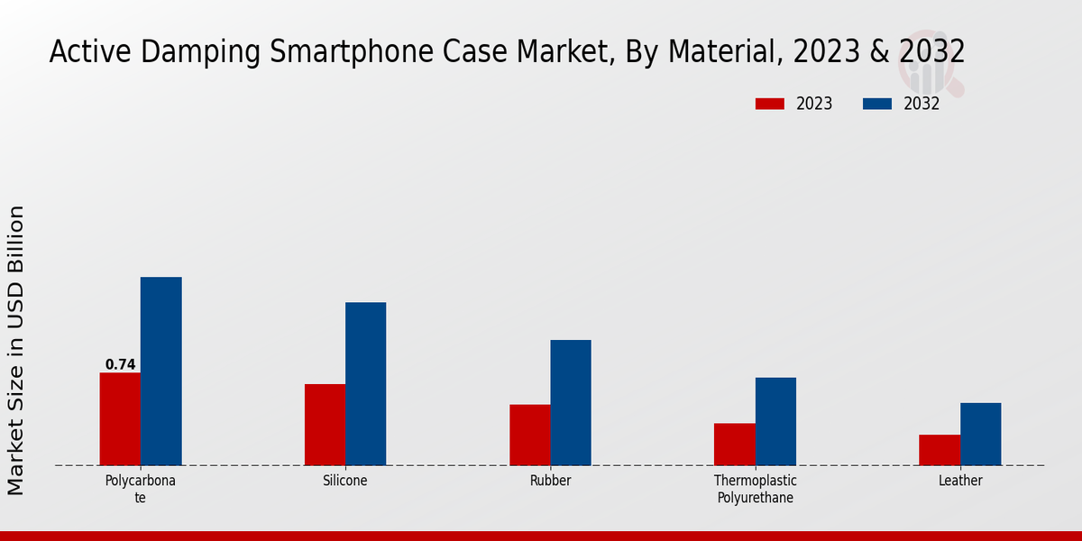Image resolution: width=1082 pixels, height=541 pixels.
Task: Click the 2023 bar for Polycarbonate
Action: [x=120, y=419]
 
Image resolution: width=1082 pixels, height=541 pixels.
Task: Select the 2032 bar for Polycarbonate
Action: [x=161, y=371]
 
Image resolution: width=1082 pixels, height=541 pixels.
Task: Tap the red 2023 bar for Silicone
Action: [x=325, y=425]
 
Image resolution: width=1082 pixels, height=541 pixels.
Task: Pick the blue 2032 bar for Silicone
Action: [x=366, y=384]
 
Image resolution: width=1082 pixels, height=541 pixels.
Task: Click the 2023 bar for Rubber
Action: [x=529, y=435]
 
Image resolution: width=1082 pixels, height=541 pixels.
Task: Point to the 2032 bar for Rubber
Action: [x=571, y=403]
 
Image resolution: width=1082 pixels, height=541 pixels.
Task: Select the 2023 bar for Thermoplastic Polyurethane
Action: [x=734, y=445]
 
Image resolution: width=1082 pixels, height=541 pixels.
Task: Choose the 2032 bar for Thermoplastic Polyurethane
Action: [x=775, y=421]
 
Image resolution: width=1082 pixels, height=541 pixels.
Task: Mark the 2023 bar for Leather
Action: [x=940, y=450]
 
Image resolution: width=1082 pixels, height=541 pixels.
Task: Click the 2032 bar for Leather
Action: [x=980, y=434]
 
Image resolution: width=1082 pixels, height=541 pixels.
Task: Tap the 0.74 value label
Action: [x=120, y=365]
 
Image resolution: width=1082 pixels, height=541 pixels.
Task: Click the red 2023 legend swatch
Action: [x=770, y=104]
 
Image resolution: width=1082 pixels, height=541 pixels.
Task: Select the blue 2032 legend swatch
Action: [x=877, y=104]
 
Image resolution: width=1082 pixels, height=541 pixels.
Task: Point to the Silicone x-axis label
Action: [x=345, y=481]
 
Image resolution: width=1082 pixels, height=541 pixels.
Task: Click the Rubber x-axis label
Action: [x=550, y=481]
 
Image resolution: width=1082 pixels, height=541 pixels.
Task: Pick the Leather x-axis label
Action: [x=960, y=481]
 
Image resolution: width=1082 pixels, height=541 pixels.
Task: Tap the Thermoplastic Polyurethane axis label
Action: [x=755, y=489]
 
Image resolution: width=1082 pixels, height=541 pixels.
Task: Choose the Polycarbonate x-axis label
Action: [x=141, y=489]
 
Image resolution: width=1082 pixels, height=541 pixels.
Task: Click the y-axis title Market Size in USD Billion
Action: [x=16, y=350]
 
